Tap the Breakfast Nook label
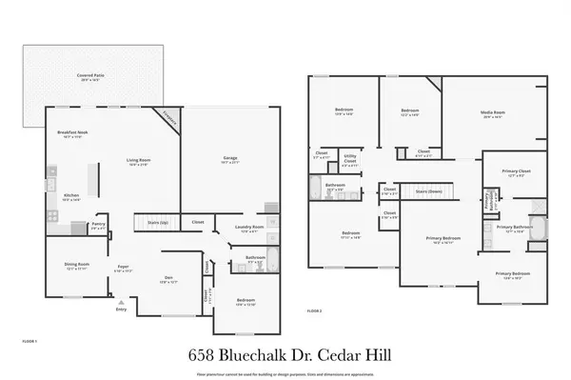coord(72,131)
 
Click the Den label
coord(167,277)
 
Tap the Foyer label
coord(124,268)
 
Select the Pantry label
coord(97,227)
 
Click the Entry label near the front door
coord(121,310)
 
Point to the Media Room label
coord(493,112)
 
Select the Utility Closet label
coord(350,160)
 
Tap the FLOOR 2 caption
coord(314,311)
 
